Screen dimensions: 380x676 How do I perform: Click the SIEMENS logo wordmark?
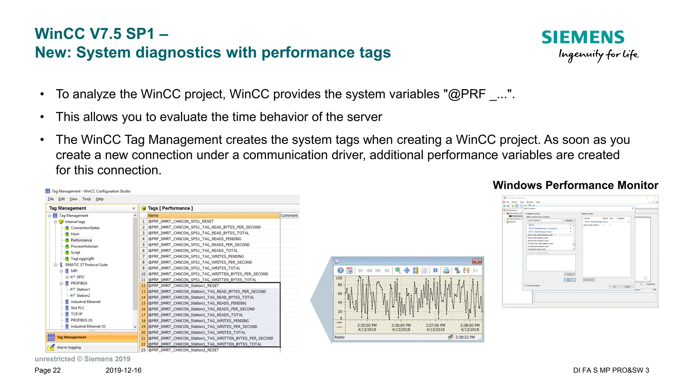[x=583, y=37]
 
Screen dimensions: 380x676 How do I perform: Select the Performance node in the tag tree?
[x=81, y=240]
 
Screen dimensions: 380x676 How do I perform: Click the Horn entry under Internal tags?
[x=75, y=234]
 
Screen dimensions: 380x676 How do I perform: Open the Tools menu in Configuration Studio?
[x=86, y=199]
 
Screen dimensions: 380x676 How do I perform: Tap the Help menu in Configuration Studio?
[x=100, y=199]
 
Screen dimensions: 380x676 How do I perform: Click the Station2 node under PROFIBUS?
[x=83, y=295]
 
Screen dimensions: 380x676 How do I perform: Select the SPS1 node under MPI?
[x=81, y=277]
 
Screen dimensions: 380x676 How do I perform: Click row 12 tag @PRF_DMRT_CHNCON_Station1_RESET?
[x=184, y=286]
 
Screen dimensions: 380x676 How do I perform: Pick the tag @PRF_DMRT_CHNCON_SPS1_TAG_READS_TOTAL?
[x=193, y=251]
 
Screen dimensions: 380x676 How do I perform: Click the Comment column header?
[x=289, y=216]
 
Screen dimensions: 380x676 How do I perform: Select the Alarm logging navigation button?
[x=69, y=347]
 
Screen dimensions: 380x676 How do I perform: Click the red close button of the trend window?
[x=477, y=261]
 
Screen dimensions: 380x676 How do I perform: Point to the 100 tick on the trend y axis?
[x=339, y=278]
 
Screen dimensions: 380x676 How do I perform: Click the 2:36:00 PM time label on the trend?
[x=401, y=325]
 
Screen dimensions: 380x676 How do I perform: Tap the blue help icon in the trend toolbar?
[x=340, y=270]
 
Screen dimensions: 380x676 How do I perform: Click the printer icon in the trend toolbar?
[x=446, y=270]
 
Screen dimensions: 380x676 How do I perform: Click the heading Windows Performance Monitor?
[x=575, y=185]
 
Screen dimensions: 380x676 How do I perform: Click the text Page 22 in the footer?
[x=48, y=370]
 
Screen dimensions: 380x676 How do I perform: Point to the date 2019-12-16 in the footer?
[x=123, y=370]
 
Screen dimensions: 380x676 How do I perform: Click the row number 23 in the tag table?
[x=143, y=350]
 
